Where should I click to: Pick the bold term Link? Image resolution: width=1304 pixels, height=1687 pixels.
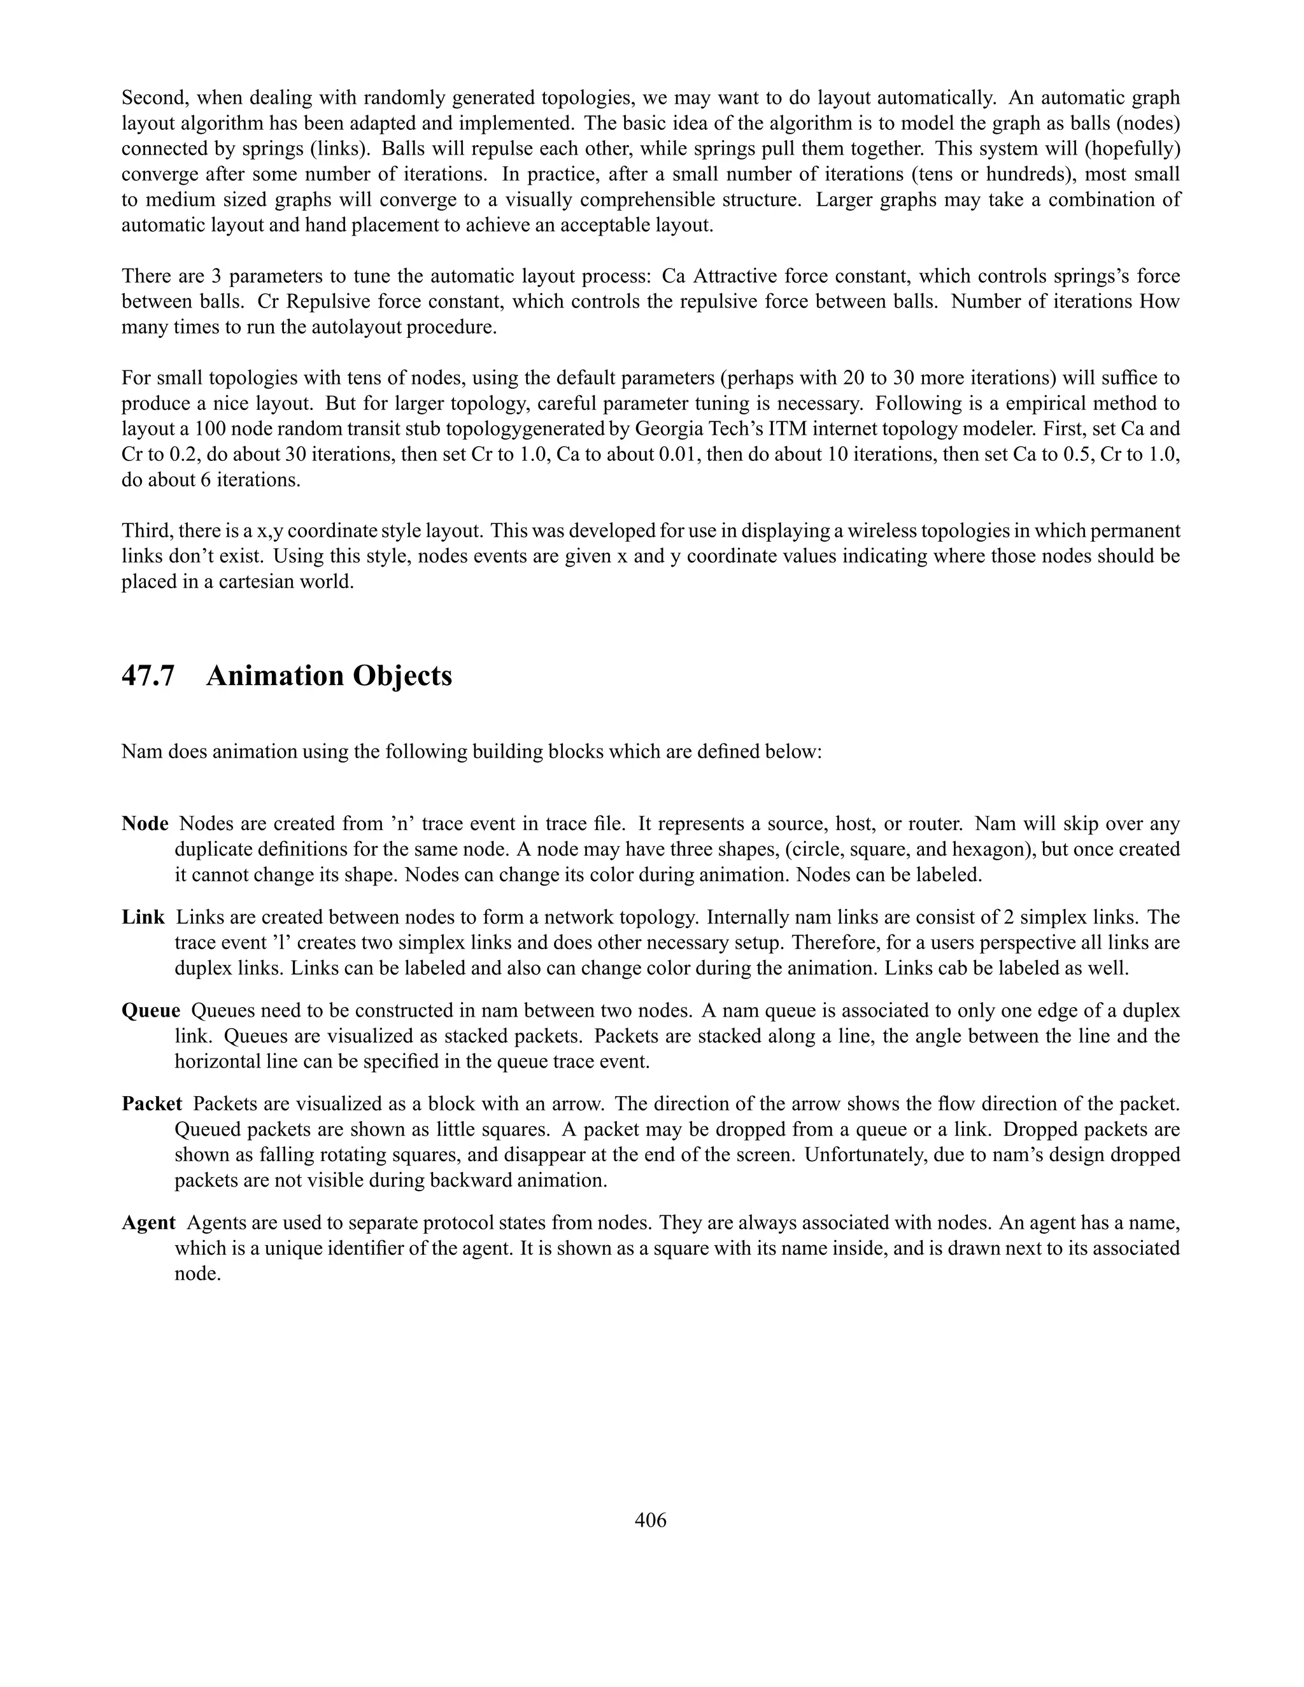[x=143, y=917]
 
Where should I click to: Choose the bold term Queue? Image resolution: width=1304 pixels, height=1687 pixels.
[x=151, y=1010]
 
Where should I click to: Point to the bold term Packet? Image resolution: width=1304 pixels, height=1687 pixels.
[x=152, y=1104]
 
